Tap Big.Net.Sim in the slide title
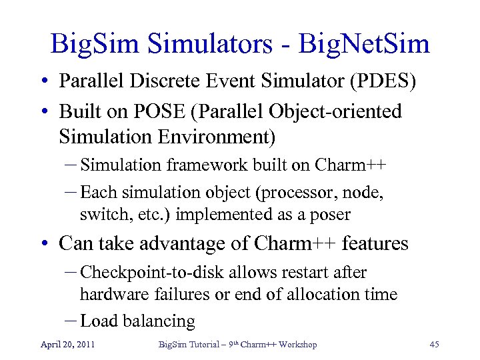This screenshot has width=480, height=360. coord(365,45)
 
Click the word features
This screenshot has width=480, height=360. coord(375,244)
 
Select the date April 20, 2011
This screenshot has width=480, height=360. coord(67,345)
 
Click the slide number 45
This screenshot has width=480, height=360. coord(434,345)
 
